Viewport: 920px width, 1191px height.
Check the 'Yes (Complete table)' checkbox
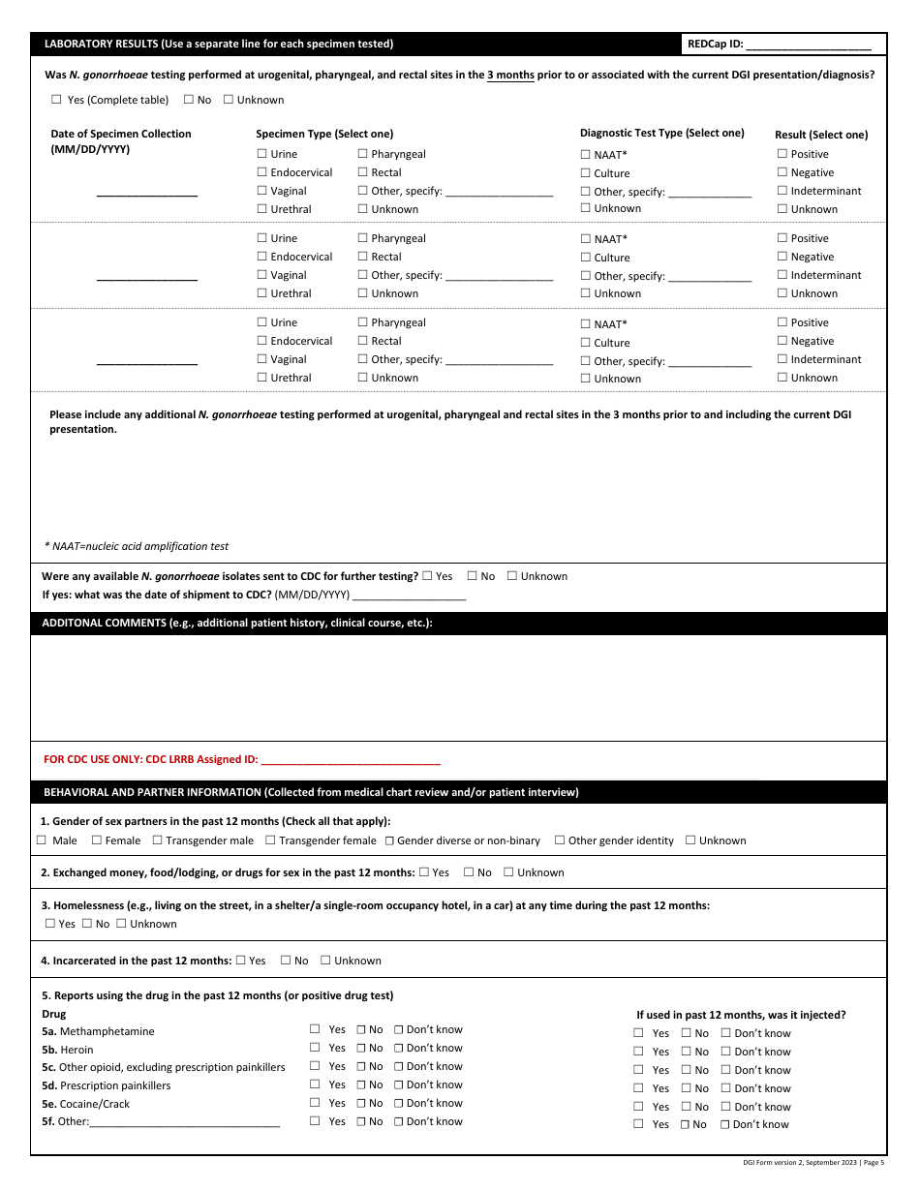coord(56,100)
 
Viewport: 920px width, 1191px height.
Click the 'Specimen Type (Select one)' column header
coord(324,134)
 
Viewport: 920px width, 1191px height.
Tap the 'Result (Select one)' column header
coord(821,135)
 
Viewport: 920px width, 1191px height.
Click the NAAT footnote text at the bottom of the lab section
coord(137,546)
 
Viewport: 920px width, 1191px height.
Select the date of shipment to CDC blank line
coord(410,595)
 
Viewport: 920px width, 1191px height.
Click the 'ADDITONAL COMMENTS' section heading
coord(237,624)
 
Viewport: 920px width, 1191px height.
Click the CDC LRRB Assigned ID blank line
coord(351,760)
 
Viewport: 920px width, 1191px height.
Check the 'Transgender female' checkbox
coord(271,840)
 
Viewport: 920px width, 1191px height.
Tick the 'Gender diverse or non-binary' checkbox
coord(389,840)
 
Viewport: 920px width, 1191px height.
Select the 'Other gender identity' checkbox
coord(560,840)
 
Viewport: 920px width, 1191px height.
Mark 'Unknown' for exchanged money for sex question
coord(508,872)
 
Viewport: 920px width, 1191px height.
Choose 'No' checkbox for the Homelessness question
coord(87,924)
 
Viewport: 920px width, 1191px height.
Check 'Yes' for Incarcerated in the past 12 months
coord(241,961)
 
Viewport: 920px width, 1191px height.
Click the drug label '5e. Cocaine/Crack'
coord(85,1104)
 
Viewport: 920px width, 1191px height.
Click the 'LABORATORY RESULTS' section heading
coord(219,45)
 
